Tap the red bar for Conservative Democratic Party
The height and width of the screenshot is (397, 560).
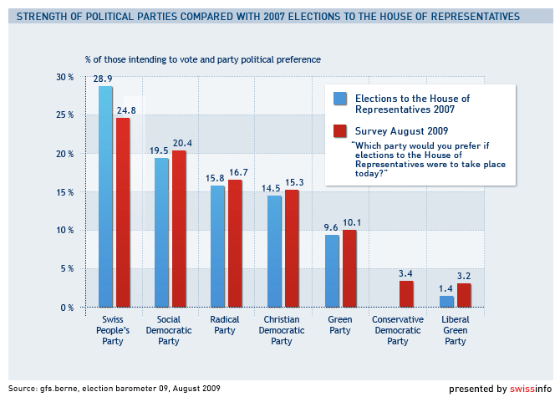pos(406,294)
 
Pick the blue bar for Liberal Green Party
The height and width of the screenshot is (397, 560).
pos(446,302)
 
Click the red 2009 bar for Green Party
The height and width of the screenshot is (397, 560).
pos(349,268)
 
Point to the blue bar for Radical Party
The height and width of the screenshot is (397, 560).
pos(217,247)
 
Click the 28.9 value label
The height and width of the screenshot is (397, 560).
pos(104,79)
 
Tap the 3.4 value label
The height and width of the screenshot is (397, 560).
pos(405,273)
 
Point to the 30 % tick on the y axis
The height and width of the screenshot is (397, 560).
pos(65,77)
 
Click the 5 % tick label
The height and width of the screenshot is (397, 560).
pos(67,269)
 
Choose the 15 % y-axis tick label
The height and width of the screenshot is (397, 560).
pos(65,192)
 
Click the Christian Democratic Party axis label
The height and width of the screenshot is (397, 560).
pos(282,330)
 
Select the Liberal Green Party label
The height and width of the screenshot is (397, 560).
pos(455,330)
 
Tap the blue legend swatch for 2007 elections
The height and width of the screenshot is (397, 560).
pos(340,99)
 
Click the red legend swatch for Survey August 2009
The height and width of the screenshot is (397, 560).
pos(340,130)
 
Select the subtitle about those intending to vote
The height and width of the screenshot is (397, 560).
pos(202,59)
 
